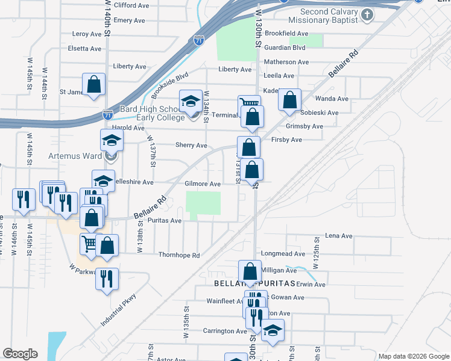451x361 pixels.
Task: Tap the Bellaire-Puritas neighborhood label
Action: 253,283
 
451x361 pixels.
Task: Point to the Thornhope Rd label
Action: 179,255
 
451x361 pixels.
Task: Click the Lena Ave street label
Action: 338,236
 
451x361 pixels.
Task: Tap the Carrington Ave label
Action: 225,331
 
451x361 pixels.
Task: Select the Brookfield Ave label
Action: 286,34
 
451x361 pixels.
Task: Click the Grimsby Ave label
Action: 304,126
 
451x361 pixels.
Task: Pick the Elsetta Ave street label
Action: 85,48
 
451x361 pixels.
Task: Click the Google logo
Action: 20,354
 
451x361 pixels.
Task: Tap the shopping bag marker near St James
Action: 94,84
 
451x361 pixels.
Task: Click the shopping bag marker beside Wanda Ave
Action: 289,99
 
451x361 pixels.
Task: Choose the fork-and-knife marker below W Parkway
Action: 107,278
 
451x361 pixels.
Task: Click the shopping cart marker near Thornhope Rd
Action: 89,243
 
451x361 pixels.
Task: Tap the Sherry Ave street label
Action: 191,145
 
